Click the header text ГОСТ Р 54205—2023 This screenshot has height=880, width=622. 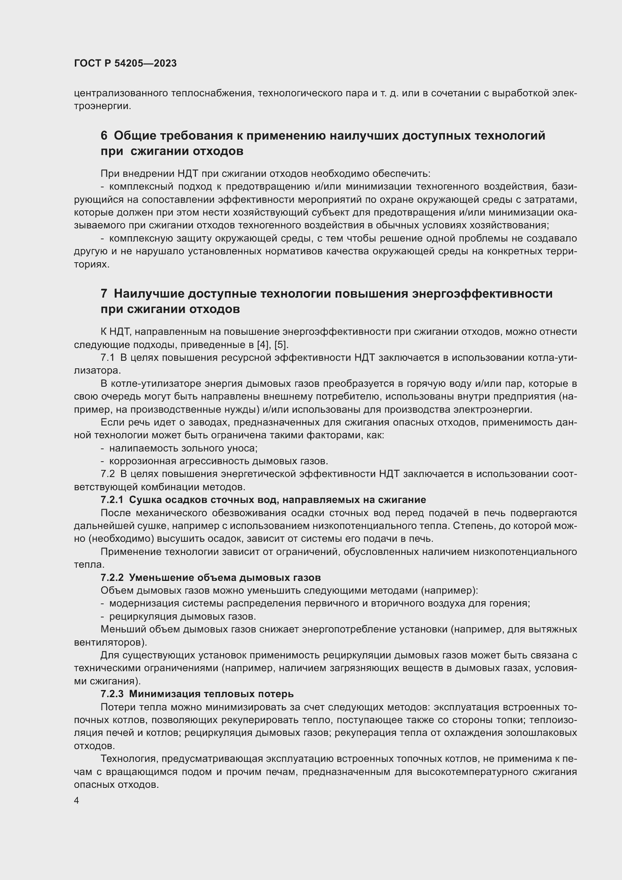coord(125,64)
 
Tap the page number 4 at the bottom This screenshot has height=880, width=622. coord(77,801)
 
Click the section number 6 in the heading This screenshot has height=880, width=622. coord(104,136)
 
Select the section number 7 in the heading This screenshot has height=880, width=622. coord(104,293)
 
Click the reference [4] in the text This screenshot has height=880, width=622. coord(263,345)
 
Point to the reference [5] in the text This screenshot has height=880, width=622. coord(281,345)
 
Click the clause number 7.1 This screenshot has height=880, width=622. coord(107,357)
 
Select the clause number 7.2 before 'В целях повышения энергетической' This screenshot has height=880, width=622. coord(107,474)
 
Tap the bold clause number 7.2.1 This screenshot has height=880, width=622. coord(112,500)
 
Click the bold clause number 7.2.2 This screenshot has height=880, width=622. coord(112,578)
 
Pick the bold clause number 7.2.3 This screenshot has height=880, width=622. coord(112,694)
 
